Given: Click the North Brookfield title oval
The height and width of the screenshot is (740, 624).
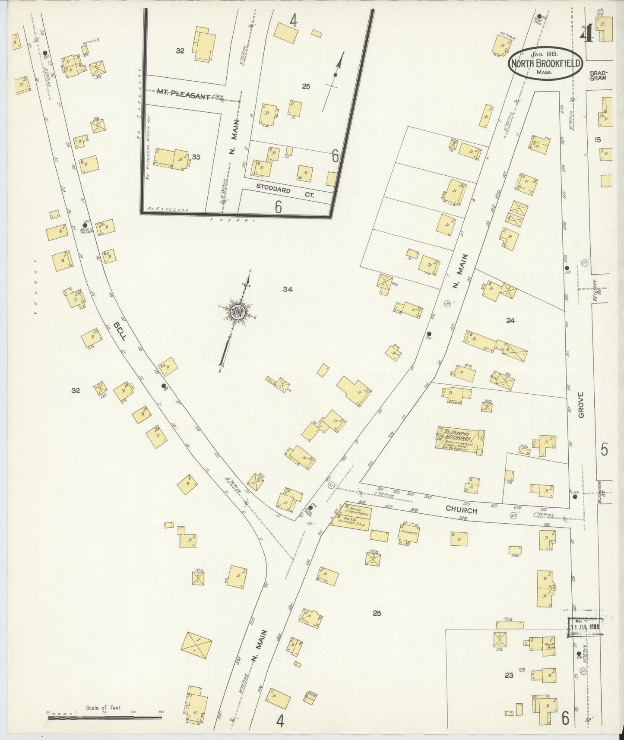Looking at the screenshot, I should point(546,63).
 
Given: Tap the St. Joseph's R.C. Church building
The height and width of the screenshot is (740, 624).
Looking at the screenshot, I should point(459,441).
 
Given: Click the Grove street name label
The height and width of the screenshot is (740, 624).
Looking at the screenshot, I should point(581,405).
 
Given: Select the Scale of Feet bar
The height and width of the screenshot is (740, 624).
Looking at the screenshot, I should point(105,717).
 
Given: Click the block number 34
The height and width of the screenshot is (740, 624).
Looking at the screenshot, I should point(288,289).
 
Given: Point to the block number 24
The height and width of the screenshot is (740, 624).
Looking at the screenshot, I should point(511,320).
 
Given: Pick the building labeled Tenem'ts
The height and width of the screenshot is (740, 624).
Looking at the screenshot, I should point(409,533).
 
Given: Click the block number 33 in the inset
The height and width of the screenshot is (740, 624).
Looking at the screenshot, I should point(196,157).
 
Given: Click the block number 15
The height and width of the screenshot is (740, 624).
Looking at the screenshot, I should point(598,139).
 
